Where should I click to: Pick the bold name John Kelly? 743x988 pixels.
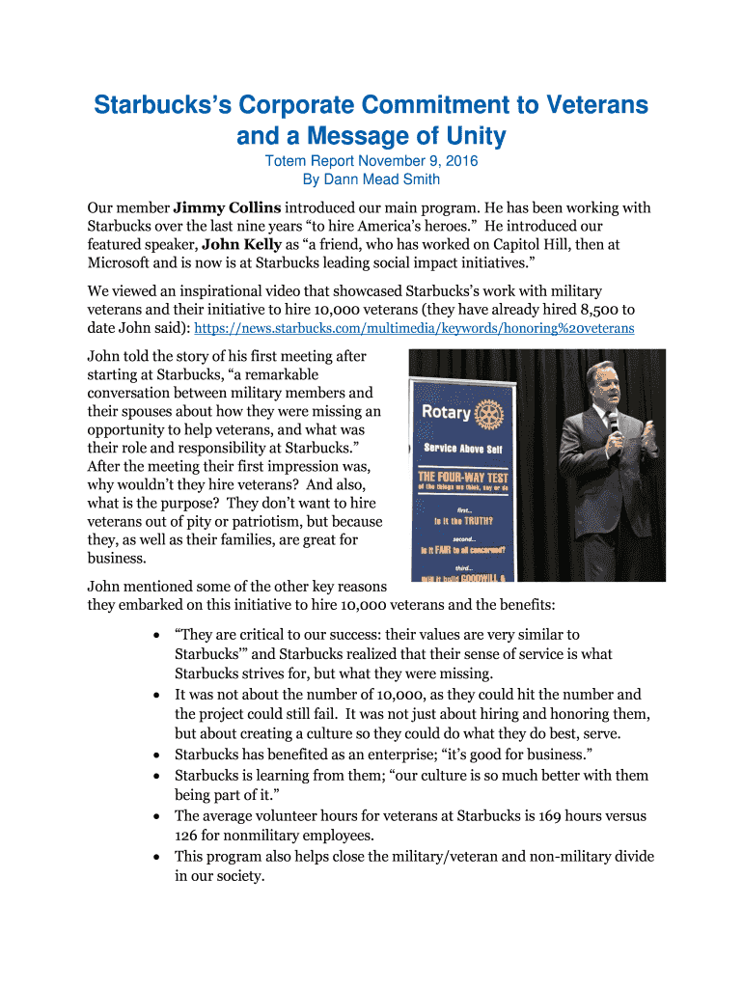pyautogui.click(x=241, y=245)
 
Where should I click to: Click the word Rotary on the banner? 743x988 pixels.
pyautogui.click(x=446, y=413)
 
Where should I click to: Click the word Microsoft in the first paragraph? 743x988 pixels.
pyautogui.click(x=124, y=263)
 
